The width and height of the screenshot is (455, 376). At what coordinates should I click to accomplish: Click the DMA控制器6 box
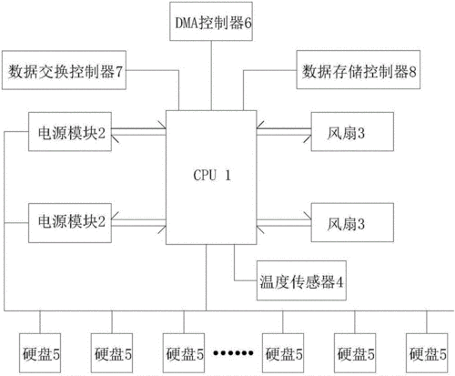[x=211, y=19]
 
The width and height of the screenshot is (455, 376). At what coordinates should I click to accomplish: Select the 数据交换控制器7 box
[x=65, y=70]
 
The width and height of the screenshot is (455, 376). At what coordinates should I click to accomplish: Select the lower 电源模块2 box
[x=67, y=221]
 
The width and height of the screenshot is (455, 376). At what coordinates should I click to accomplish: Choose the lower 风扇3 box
[x=347, y=221]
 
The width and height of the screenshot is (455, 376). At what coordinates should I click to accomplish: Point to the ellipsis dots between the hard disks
[x=235, y=352]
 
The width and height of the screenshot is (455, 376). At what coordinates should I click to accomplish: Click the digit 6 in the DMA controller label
[x=247, y=19]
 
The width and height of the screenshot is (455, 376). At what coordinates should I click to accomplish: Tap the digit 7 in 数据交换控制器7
[x=118, y=70]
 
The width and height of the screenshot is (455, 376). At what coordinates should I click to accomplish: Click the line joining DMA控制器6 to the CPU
[x=211, y=73]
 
